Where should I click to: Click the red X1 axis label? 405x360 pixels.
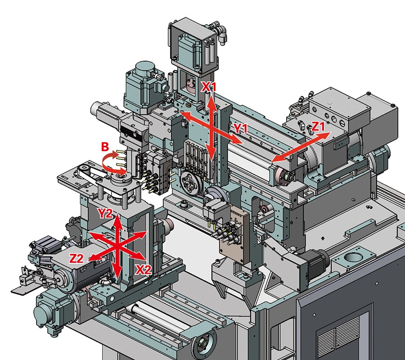(209, 87)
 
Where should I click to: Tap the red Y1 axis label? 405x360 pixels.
(240, 128)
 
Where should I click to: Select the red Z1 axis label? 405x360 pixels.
(318, 126)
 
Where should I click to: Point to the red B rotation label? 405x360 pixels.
(105, 147)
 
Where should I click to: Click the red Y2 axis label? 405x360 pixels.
(105, 213)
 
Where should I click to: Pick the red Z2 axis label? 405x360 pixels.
(76, 258)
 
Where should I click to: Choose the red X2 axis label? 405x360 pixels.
(144, 270)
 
